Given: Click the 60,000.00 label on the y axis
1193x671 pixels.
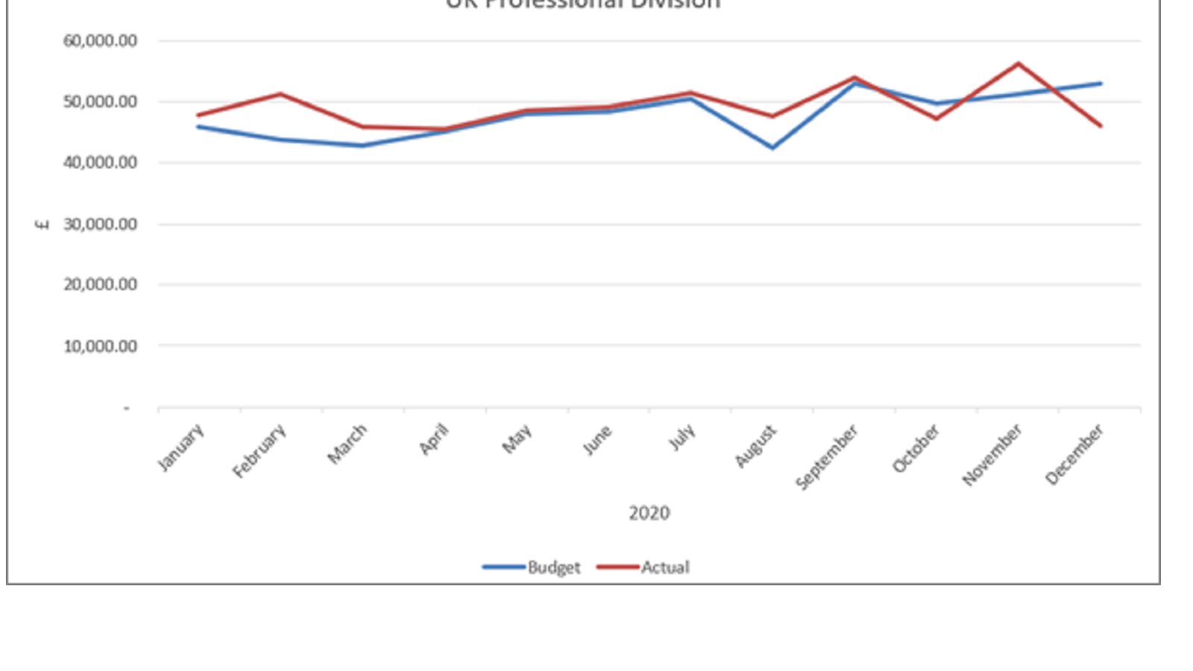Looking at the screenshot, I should tap(101, 41).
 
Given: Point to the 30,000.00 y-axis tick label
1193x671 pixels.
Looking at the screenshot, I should tap(101, 224).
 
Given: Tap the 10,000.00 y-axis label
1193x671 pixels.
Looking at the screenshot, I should tap(101, 346).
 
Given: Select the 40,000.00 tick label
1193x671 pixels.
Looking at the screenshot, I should tap(101, 163).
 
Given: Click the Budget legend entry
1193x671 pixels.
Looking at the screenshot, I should tap(553, 567).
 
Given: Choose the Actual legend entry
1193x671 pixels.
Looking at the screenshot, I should tap(665, 567).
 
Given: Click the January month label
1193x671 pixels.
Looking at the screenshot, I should tap(181, 447).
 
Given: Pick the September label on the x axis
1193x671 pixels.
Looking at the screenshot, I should tap(827, 456).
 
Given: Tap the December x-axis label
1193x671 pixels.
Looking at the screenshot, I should tap(1074, 454).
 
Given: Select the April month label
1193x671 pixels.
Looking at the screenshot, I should tap(435, 439).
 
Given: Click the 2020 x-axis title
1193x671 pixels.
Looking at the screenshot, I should tap(649, 513).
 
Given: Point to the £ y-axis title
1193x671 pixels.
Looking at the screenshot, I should tap(43, 224).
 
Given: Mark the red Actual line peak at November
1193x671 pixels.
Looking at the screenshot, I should tap(1019, 63).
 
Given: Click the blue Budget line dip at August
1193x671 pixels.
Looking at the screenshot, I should tap(772, 148).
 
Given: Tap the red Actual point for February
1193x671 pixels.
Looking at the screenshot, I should tap(280, 94).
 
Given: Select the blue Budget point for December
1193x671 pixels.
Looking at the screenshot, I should tap(1101, 84).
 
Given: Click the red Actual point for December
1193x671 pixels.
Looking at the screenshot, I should tap(1101, 126).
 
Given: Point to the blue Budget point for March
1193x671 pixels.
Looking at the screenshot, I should tap(362, 145).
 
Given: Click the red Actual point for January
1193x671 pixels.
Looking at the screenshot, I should tap(198, 115).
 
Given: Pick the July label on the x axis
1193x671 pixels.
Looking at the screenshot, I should tap(682, 437).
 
